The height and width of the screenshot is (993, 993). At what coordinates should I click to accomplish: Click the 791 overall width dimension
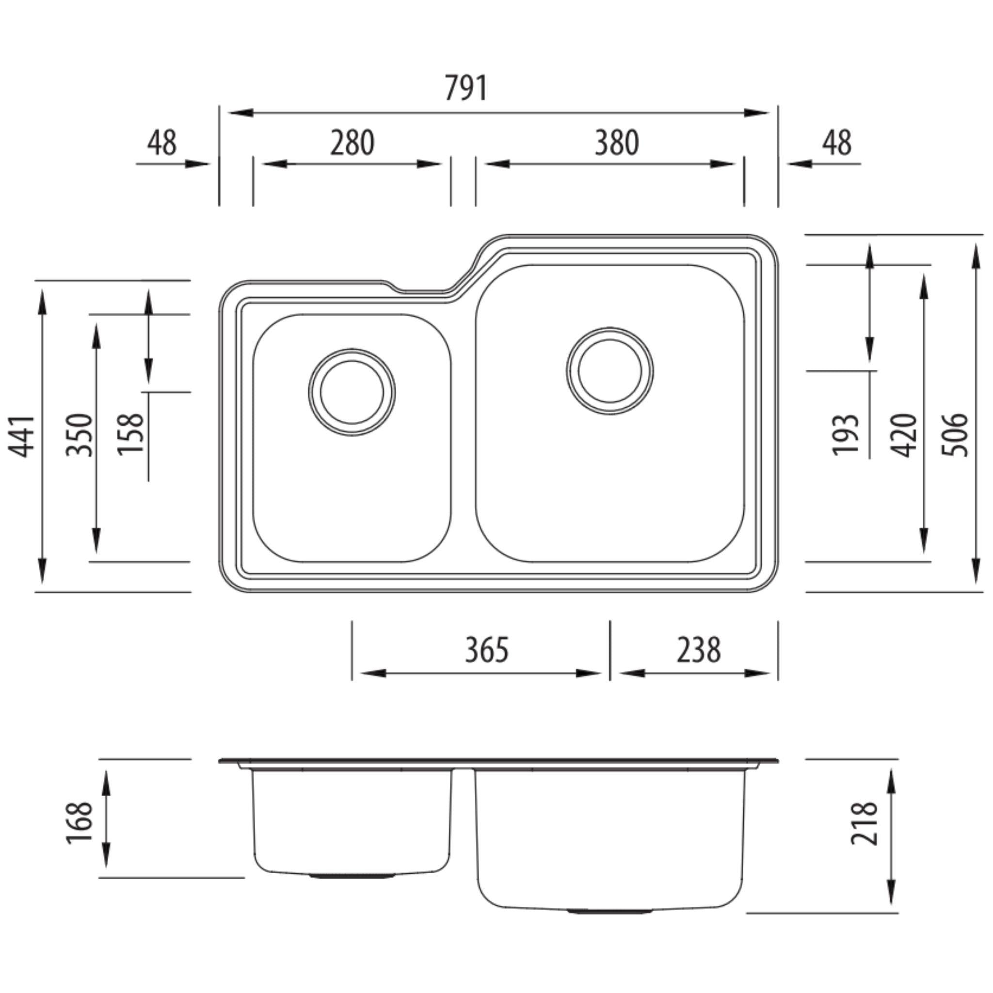point(465,88)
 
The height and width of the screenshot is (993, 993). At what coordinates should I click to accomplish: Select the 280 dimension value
point(352,143)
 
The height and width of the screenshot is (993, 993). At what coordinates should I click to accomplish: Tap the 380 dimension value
point(617,143)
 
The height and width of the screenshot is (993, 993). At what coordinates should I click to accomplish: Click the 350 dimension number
point(80,435)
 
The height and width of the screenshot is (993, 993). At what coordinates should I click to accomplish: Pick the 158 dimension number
point(130,434)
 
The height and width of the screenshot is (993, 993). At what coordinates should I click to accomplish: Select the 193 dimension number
point(846,435)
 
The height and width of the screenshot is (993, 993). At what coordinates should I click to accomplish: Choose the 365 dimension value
point(487,650)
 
